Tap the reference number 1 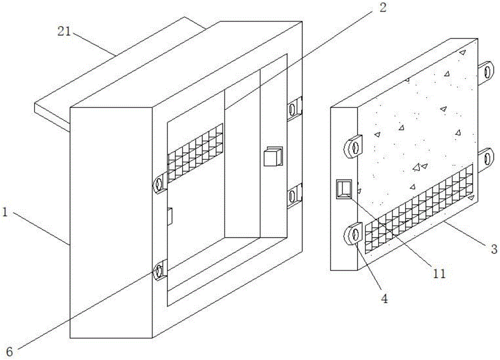pyautogui.click(x=5, y=212)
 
